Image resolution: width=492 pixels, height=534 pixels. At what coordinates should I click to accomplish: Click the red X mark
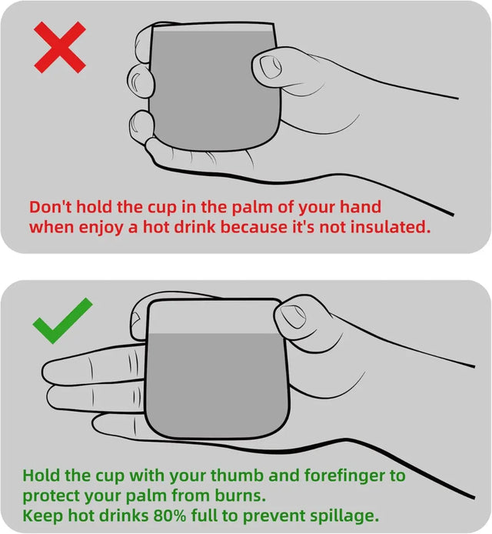(x=60, y=48)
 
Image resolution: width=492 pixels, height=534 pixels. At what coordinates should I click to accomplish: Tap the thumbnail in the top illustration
(x=271, y=67)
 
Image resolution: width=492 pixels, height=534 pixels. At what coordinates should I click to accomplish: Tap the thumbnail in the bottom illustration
(x=294, y=316)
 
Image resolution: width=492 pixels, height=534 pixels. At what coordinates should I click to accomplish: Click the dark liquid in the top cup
(x=215, y=88)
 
